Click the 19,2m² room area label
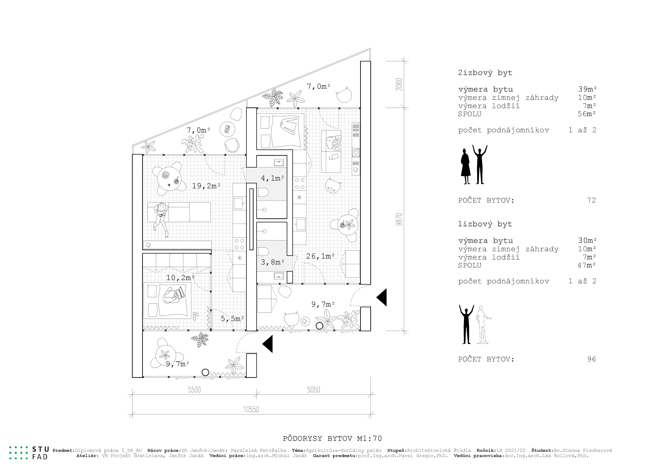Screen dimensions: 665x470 point(206,186)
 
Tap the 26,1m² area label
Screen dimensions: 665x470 point(320,256)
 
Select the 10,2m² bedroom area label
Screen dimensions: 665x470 point(180,278)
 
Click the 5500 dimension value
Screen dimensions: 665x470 point(194,390)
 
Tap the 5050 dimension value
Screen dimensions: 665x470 point(314,390)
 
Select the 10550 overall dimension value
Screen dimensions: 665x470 point(251,409)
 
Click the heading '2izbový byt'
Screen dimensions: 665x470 point(485,73)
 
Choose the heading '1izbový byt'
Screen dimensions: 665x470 point(485,224)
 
